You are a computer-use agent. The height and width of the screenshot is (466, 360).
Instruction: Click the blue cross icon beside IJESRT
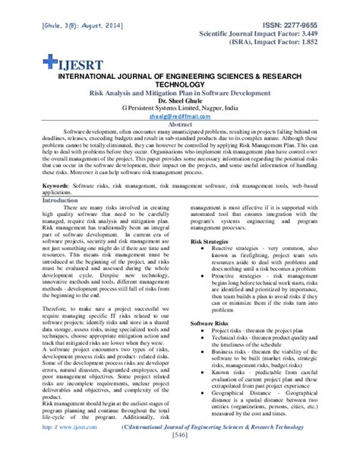49,60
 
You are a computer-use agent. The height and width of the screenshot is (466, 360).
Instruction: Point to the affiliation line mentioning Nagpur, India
180,109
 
